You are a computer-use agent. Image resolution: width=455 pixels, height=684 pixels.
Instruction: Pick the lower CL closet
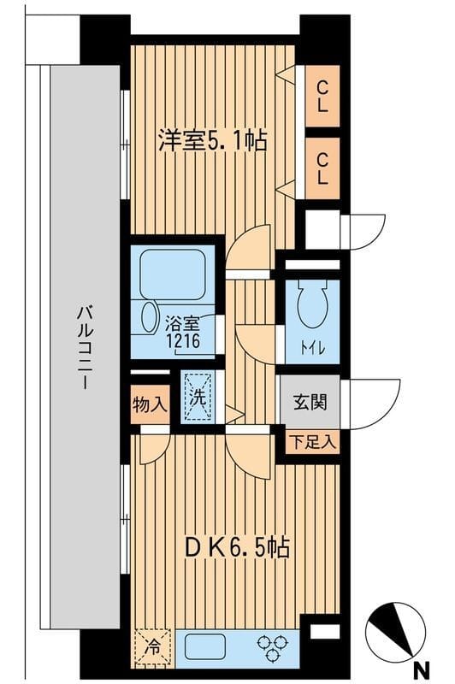click(322, 168)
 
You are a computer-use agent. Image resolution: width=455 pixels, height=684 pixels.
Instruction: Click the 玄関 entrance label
click(310, 401)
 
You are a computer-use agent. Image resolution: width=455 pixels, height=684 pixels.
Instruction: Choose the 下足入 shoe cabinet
click(311, 443)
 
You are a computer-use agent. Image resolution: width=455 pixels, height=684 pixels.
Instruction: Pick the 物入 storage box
click(150, 401)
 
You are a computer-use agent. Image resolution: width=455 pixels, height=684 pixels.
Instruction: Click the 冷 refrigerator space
click(152, 646)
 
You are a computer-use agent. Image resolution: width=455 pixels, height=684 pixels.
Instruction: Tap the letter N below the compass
click(419, 670)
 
